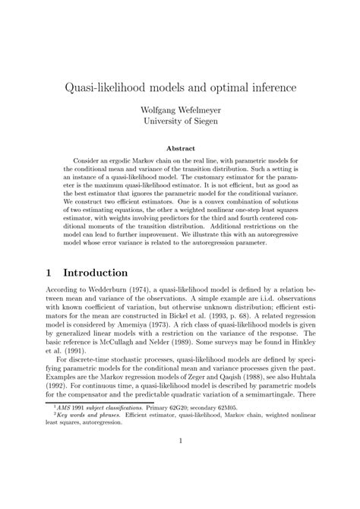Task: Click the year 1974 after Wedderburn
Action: click(x=128, y=293)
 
